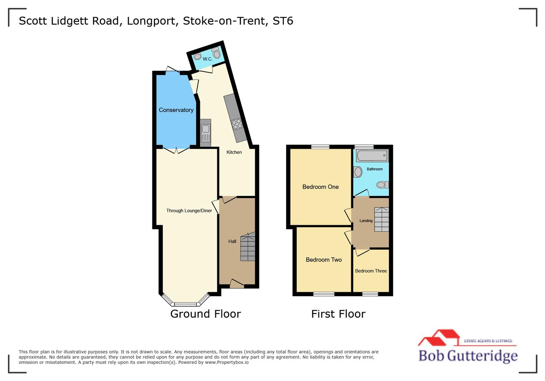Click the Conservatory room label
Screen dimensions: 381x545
click(176, 110)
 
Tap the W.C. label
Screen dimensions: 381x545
click(208, 59)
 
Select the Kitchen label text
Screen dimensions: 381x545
click(234, 152)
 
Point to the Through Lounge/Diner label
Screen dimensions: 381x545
click(189, 211)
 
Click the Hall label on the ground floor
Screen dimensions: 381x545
click(232, 241)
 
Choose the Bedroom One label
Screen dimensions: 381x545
click(320, 187)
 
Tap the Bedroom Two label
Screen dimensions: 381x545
click(323, 260)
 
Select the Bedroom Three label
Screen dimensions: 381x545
click(371, 271)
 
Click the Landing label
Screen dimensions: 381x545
click(366, 221)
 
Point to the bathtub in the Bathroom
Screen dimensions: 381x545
click(372, 156)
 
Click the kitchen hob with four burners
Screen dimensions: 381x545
click(237, 124)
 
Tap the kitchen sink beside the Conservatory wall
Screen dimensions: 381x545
click(205, 133)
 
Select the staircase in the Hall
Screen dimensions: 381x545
click(248, 247)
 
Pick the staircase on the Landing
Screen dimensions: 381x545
click(382, 219)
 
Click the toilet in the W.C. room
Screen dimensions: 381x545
click(216, 54)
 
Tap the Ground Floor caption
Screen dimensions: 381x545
click(205, 314)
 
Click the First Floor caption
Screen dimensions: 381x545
click(338, 314)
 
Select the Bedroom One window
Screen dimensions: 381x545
click(320, 147)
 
